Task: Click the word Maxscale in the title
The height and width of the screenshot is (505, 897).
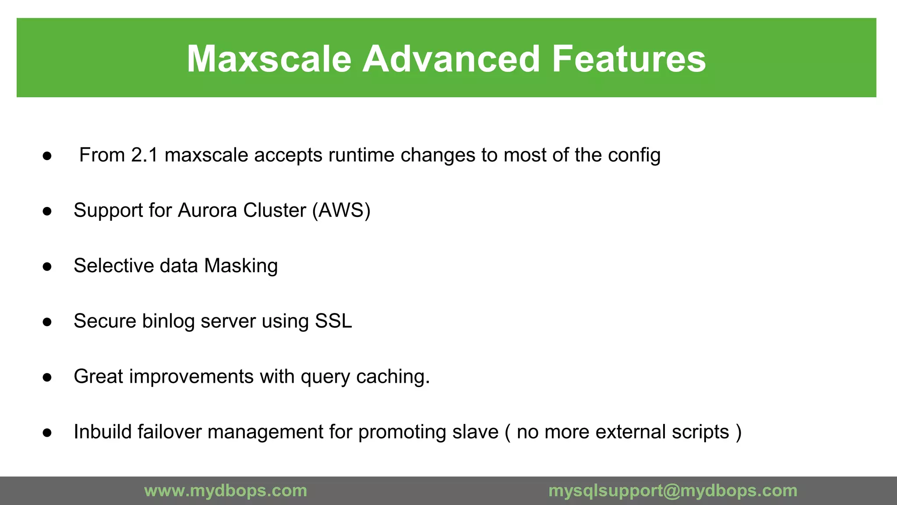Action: pyautogui.click(x=269, y=59)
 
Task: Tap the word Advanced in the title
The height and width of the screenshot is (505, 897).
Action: pyautogui.click(x=451, y=59)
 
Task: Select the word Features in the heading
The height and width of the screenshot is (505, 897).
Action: pyautogui.click(x=629, y=59)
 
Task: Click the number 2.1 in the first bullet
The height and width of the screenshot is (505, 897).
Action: pyautogui.click(x=144, y=155)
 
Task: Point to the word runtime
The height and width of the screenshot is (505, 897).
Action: pyautogui.click(x=361, y=155)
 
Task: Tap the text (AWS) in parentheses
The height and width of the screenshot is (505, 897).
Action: pyautogui.click(x=341, y=210)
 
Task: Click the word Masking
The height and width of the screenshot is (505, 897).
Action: pyautogui.click(x=241, y=266)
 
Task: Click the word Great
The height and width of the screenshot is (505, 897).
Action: pyautogui.click(x=98, y=377)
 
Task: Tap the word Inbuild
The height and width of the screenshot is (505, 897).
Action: pyautogui.click(x=102, y=432)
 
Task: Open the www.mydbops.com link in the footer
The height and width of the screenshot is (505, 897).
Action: pyautogui.click(x=226, y=491)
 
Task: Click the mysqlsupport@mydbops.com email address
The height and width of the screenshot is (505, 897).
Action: pyautogui.click(x=673, y=491)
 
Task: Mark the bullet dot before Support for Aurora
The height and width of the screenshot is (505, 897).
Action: pyautogui.click(x=47, y=211)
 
